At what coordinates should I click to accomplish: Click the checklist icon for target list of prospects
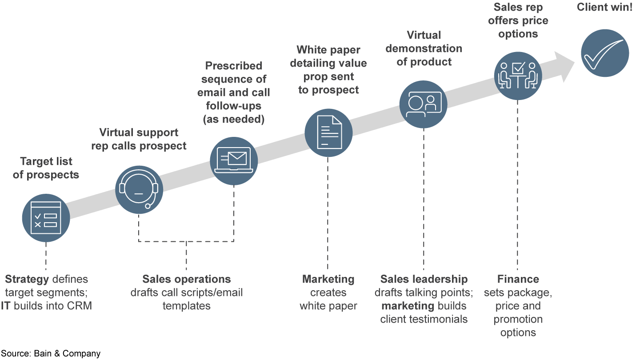pyautogui.click(x=46, y=217)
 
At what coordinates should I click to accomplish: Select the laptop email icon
pyautogui.click(x=234, y=160)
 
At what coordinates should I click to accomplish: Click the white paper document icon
pyautogui.click(x=328, y=132)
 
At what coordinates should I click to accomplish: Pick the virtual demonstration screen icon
pyautogui.click(x=423, y=104)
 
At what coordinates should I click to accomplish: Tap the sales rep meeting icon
pyautogui.click(x=518, y=75)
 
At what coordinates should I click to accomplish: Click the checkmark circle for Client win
pyautogui.click(x=605, y=53)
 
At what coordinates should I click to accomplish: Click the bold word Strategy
pyautogui.click(x=27, y=279)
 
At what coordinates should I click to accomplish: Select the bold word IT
pyautogui.click(x=6, y=306)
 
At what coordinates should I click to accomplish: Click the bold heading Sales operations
pyautogui.click(x=186, y=279)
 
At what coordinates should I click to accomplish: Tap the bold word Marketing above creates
pyautogui.click(x=328, y=279)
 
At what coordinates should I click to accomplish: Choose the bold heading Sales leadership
pyautogui.click(x=424, y=279)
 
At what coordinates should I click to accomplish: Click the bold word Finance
pyautogui.click(x=518, y=279)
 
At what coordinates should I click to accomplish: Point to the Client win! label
pyautogui.click(x=604, y=8)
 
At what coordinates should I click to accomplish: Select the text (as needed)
pyautogui.click(x=233, y=120)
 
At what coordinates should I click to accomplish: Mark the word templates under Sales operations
pyautogui.click(x=186, y=306)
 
